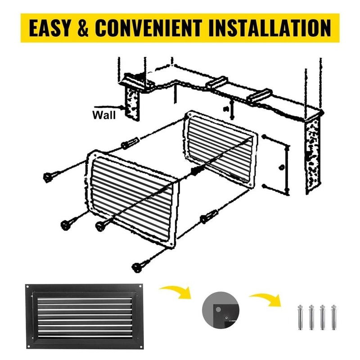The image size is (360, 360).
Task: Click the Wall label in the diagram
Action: coord(104,115)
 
